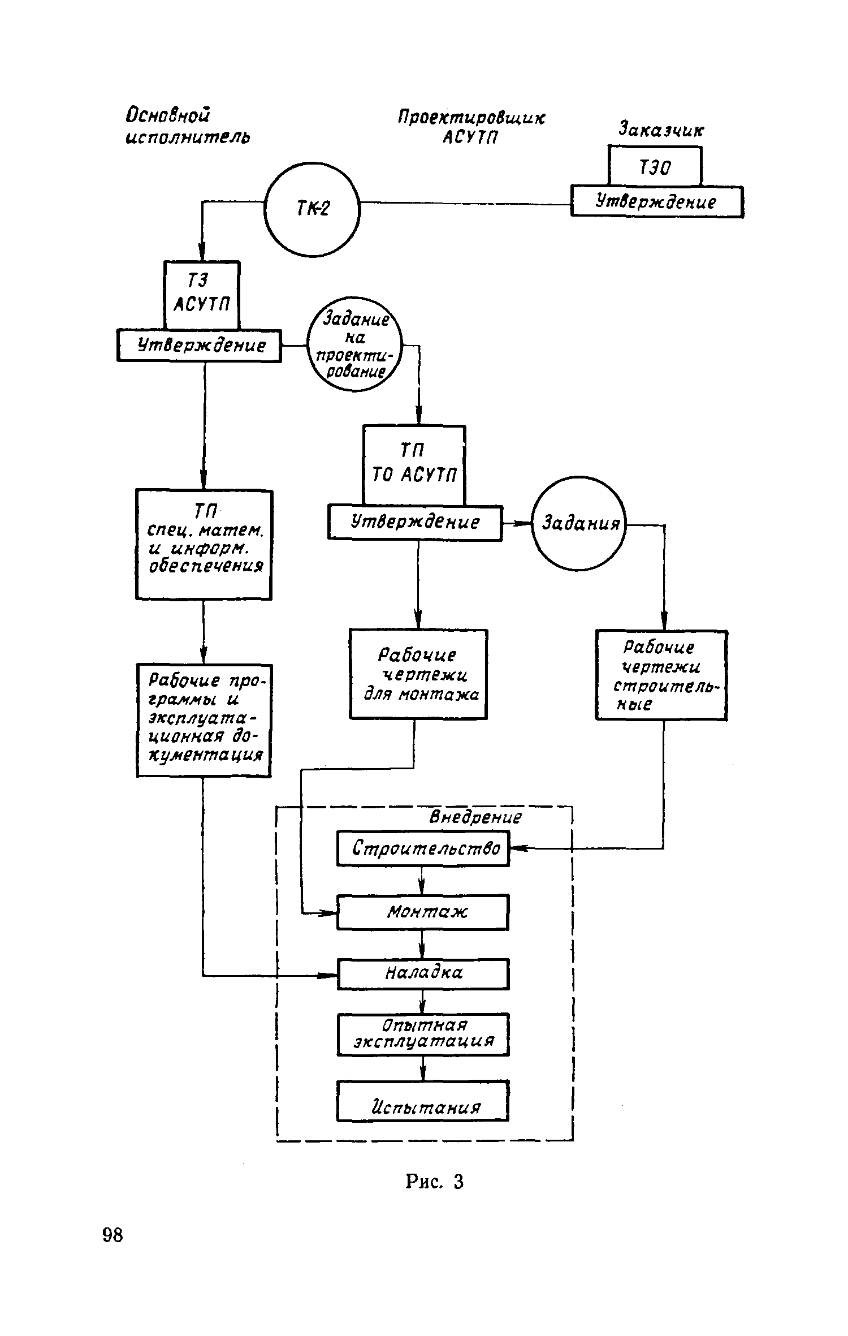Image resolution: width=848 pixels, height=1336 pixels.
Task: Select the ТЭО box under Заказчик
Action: coord(655,166)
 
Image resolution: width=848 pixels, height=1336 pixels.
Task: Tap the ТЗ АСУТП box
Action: coord(202,295)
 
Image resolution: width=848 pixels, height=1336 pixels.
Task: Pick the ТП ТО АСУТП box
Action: coord(414,466)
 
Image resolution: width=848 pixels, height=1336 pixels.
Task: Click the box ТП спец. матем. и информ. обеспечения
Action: coord(204,545)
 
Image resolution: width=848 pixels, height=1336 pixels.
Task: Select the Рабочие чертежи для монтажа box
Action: coord(418,674)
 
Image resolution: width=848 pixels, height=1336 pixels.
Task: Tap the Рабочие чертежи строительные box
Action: coord(661,675)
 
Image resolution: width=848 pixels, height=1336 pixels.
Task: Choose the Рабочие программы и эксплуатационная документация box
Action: coord(204,720)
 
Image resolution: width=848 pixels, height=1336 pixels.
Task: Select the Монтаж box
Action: coord(423,912)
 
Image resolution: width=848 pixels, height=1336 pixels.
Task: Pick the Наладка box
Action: coord(423,973)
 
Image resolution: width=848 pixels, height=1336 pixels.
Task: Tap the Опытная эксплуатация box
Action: coord(423,1034)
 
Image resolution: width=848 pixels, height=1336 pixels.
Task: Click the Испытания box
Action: coord(423,1100)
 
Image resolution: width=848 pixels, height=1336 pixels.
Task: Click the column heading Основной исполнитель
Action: coord(187,126)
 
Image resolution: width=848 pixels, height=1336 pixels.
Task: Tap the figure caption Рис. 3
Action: coord(434,1182)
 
